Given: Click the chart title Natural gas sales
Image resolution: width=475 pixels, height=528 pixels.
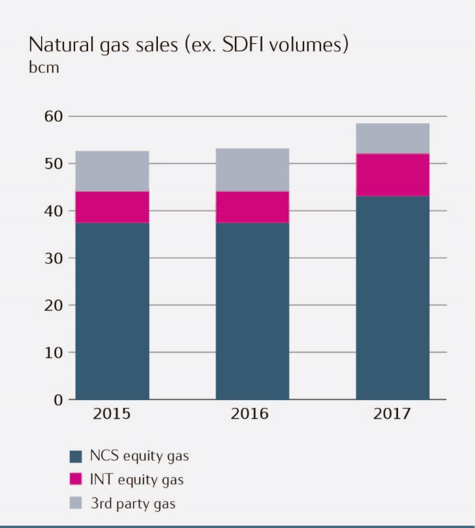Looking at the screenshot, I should [x=187, y=45].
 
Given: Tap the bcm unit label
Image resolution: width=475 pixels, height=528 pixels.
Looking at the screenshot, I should [x=43, y=67].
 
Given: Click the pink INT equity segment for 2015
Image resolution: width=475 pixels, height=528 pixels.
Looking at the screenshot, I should [x=112, y=207].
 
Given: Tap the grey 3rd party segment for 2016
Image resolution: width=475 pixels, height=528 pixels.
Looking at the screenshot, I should [x=253, y=170].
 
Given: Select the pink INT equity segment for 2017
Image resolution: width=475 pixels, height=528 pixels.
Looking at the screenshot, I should [x=392, y=175].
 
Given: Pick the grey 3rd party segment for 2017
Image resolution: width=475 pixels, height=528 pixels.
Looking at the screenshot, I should [x=392, y=138].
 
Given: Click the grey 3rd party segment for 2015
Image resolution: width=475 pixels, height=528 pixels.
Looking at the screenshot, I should [x=112, y=171].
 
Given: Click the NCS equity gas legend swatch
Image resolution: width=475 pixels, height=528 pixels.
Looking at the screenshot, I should [x=75, y=456].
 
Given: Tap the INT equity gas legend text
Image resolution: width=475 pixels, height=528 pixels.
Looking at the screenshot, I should [x=136, y=480].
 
